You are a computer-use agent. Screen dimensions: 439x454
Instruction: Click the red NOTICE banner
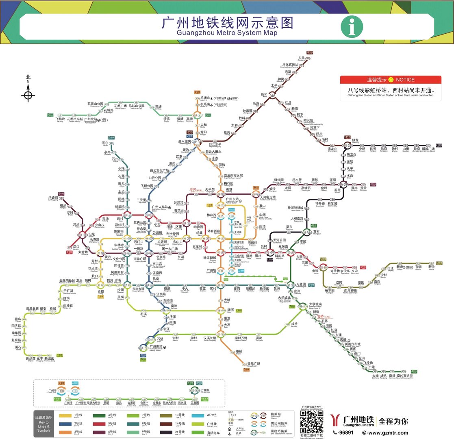click(x=390, y=80)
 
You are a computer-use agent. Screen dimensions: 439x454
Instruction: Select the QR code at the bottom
click(x=312, y=422)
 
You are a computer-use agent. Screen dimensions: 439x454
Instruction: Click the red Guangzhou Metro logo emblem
click(x=336, y=420)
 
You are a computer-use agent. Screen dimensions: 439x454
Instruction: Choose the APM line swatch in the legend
click(x=198, y=415)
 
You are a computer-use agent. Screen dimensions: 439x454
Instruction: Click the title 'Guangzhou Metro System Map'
click(x=227, y=33)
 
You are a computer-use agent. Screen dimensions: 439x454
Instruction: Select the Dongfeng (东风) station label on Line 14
click(x=302, y=58)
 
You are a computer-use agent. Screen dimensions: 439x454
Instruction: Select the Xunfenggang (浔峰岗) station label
click(x=53, y=198)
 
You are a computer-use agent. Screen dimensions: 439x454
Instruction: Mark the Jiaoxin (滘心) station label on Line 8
click(x=104, y=143)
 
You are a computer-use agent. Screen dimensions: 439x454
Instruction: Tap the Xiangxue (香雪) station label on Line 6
click(x=363, y=188)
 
